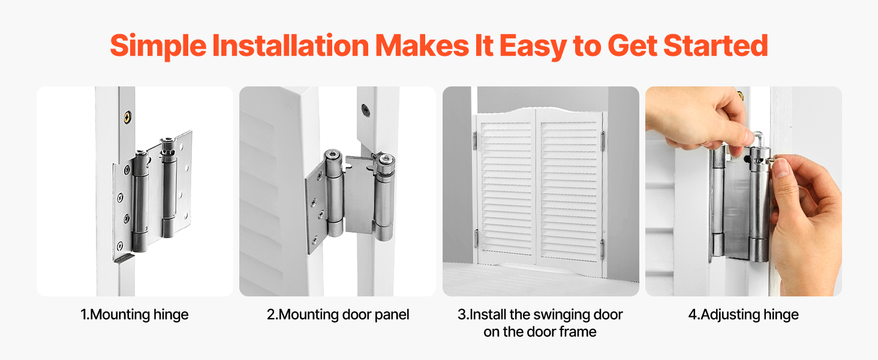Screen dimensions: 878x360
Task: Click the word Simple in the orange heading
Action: (158, 46)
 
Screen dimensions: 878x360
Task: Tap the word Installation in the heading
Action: (290, 46)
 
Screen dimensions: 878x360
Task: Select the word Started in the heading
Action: (715, 46)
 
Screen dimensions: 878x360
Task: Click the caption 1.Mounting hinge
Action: (134, 314)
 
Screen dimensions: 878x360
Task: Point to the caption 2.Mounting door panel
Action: (338, 314)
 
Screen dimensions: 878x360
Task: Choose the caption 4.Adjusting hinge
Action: (744, 314)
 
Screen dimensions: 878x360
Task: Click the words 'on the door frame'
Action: (540, 332)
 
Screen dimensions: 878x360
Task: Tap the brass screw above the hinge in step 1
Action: (128, 116)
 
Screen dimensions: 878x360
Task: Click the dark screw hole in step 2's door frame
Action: (366, 110)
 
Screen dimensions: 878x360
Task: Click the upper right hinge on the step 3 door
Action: (603, 141)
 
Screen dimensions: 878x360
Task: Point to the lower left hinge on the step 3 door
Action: (476, 238)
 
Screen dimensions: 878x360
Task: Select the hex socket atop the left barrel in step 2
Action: (333, 154)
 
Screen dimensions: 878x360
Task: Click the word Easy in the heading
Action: (533, 46)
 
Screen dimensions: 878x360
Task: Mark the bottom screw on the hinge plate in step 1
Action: (120, 246)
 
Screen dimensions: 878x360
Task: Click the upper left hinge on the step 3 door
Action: (474, 140)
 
